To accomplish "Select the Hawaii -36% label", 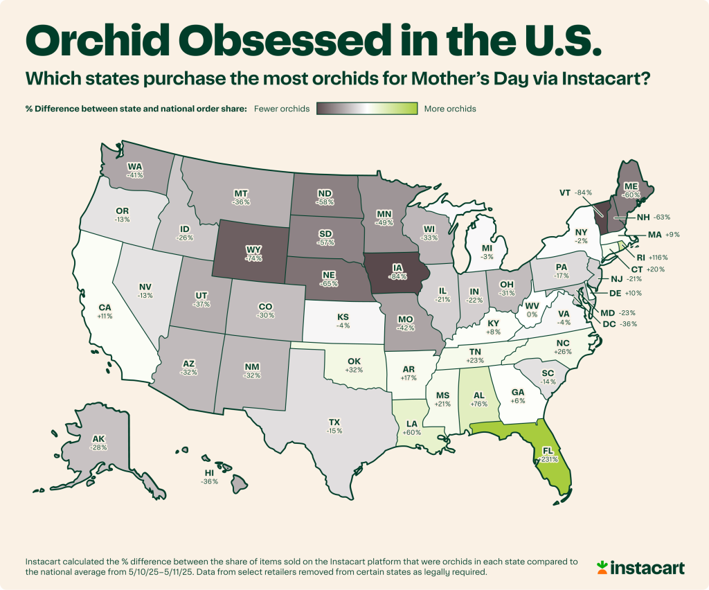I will coord(209,477).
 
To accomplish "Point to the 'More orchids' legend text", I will coord(449,109).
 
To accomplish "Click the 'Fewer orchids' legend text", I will coord(282,109).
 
